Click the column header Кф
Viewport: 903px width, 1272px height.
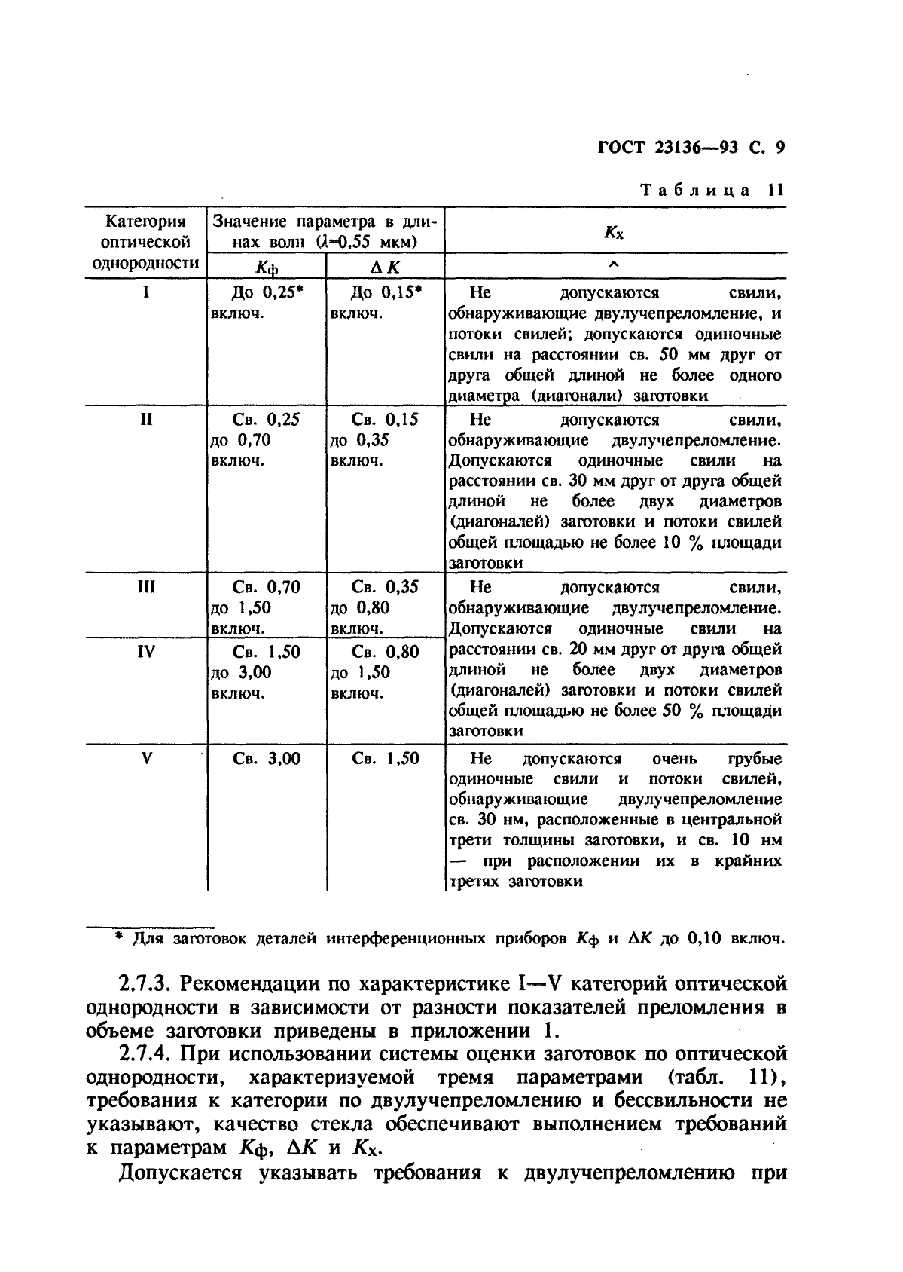click(267, 267)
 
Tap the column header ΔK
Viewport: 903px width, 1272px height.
click(386, 267)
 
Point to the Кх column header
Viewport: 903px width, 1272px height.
click(614, 232)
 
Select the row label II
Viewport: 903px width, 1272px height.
click(146, 420)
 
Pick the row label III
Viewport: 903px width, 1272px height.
click(146, 587)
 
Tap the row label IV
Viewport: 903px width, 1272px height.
click(146, 652)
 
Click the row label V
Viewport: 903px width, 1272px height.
click(146, 759)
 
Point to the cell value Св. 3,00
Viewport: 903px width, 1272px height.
click(267, 759)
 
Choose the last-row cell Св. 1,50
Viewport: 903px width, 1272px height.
click(386, 759)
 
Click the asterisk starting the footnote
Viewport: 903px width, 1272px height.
click(118, 938)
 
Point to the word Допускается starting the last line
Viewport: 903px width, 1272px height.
click(181, 1173)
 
